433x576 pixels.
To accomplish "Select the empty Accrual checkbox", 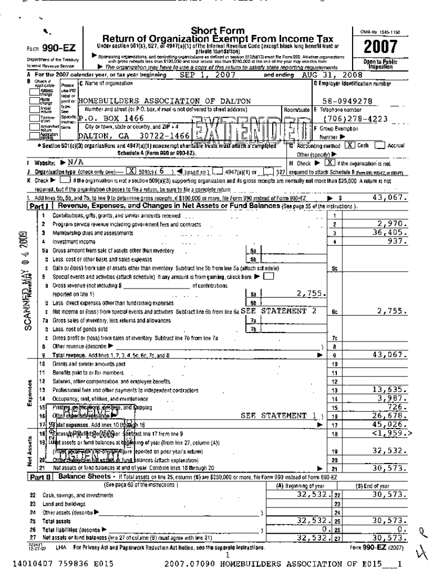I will tap(380, 145).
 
